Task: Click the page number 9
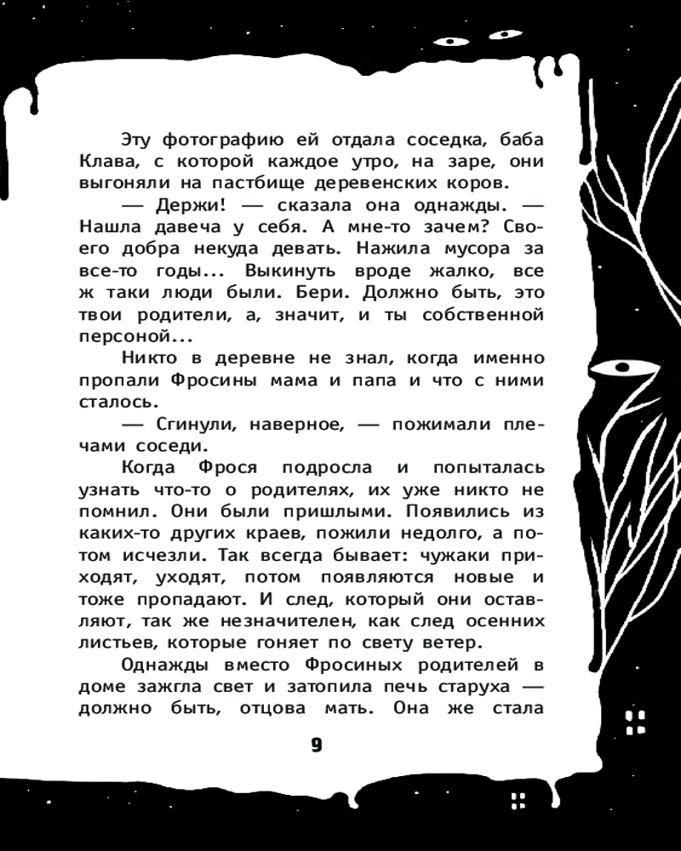(316, 745)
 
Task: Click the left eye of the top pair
(449, 41)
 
